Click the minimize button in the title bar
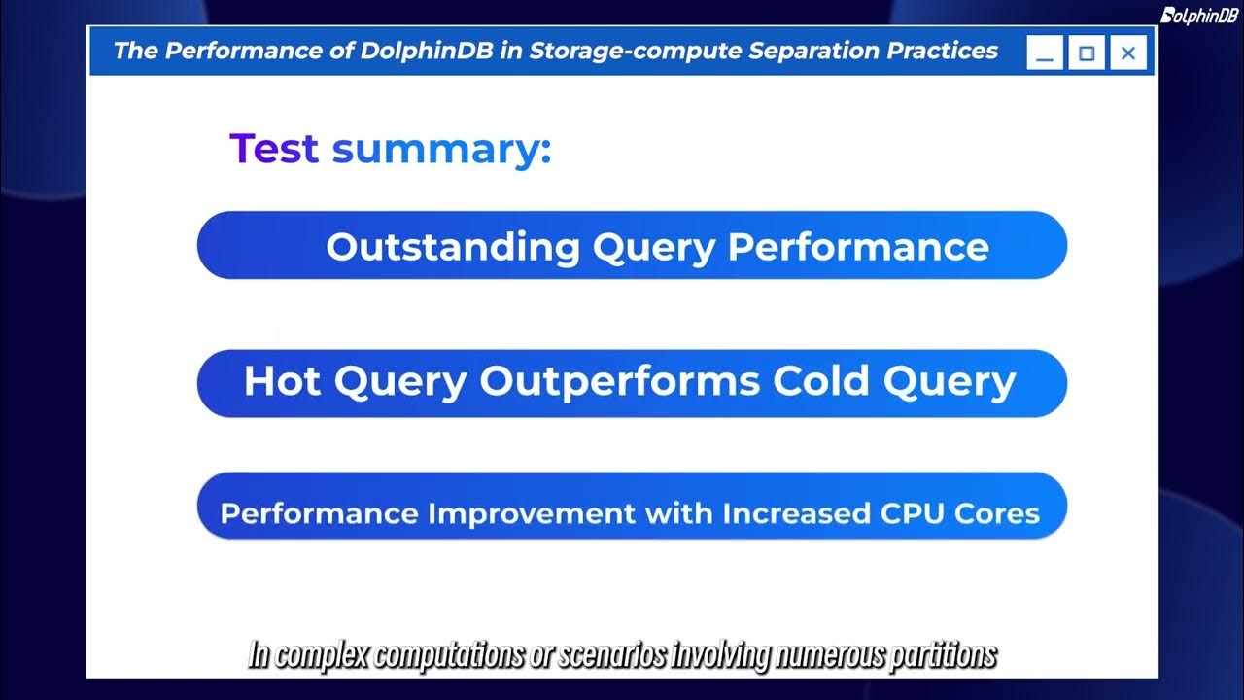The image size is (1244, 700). pos(1045,53)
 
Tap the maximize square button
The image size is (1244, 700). pos(1087,53)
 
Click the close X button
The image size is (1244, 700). pos(1127,53)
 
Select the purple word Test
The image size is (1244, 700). pos(273,149)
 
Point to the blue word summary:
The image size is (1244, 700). pos(441,149)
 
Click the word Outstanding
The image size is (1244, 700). pos(452,247)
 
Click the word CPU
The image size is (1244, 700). pos(929,512)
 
